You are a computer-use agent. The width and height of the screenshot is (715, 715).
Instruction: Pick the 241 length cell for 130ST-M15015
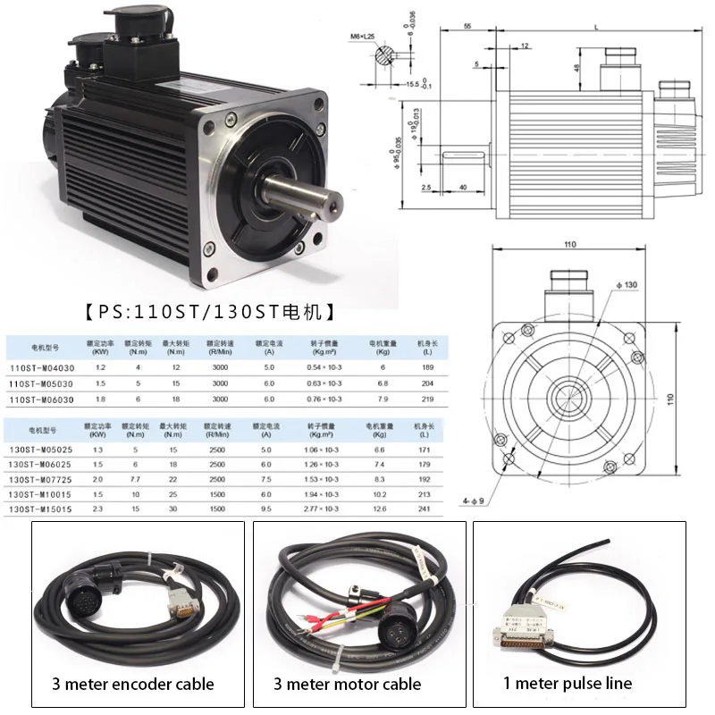tap(424, 509)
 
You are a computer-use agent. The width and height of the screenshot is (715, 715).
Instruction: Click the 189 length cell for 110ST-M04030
tap(424, 366)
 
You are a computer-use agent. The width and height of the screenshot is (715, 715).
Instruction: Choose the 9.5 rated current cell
tap(265, 509)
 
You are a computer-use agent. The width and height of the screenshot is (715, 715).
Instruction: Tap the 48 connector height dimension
tap(577, 68)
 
